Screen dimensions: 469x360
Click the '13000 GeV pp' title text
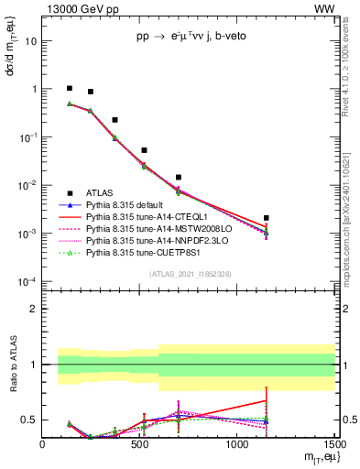pyautogui.click(x=80, y=8)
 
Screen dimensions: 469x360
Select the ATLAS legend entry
pyautogui.click(x=100, y=192)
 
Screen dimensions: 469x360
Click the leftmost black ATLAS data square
pyautogui.click(x=70, y=89)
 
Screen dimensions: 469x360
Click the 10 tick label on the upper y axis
pyautogui.click(x=33, y=41)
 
